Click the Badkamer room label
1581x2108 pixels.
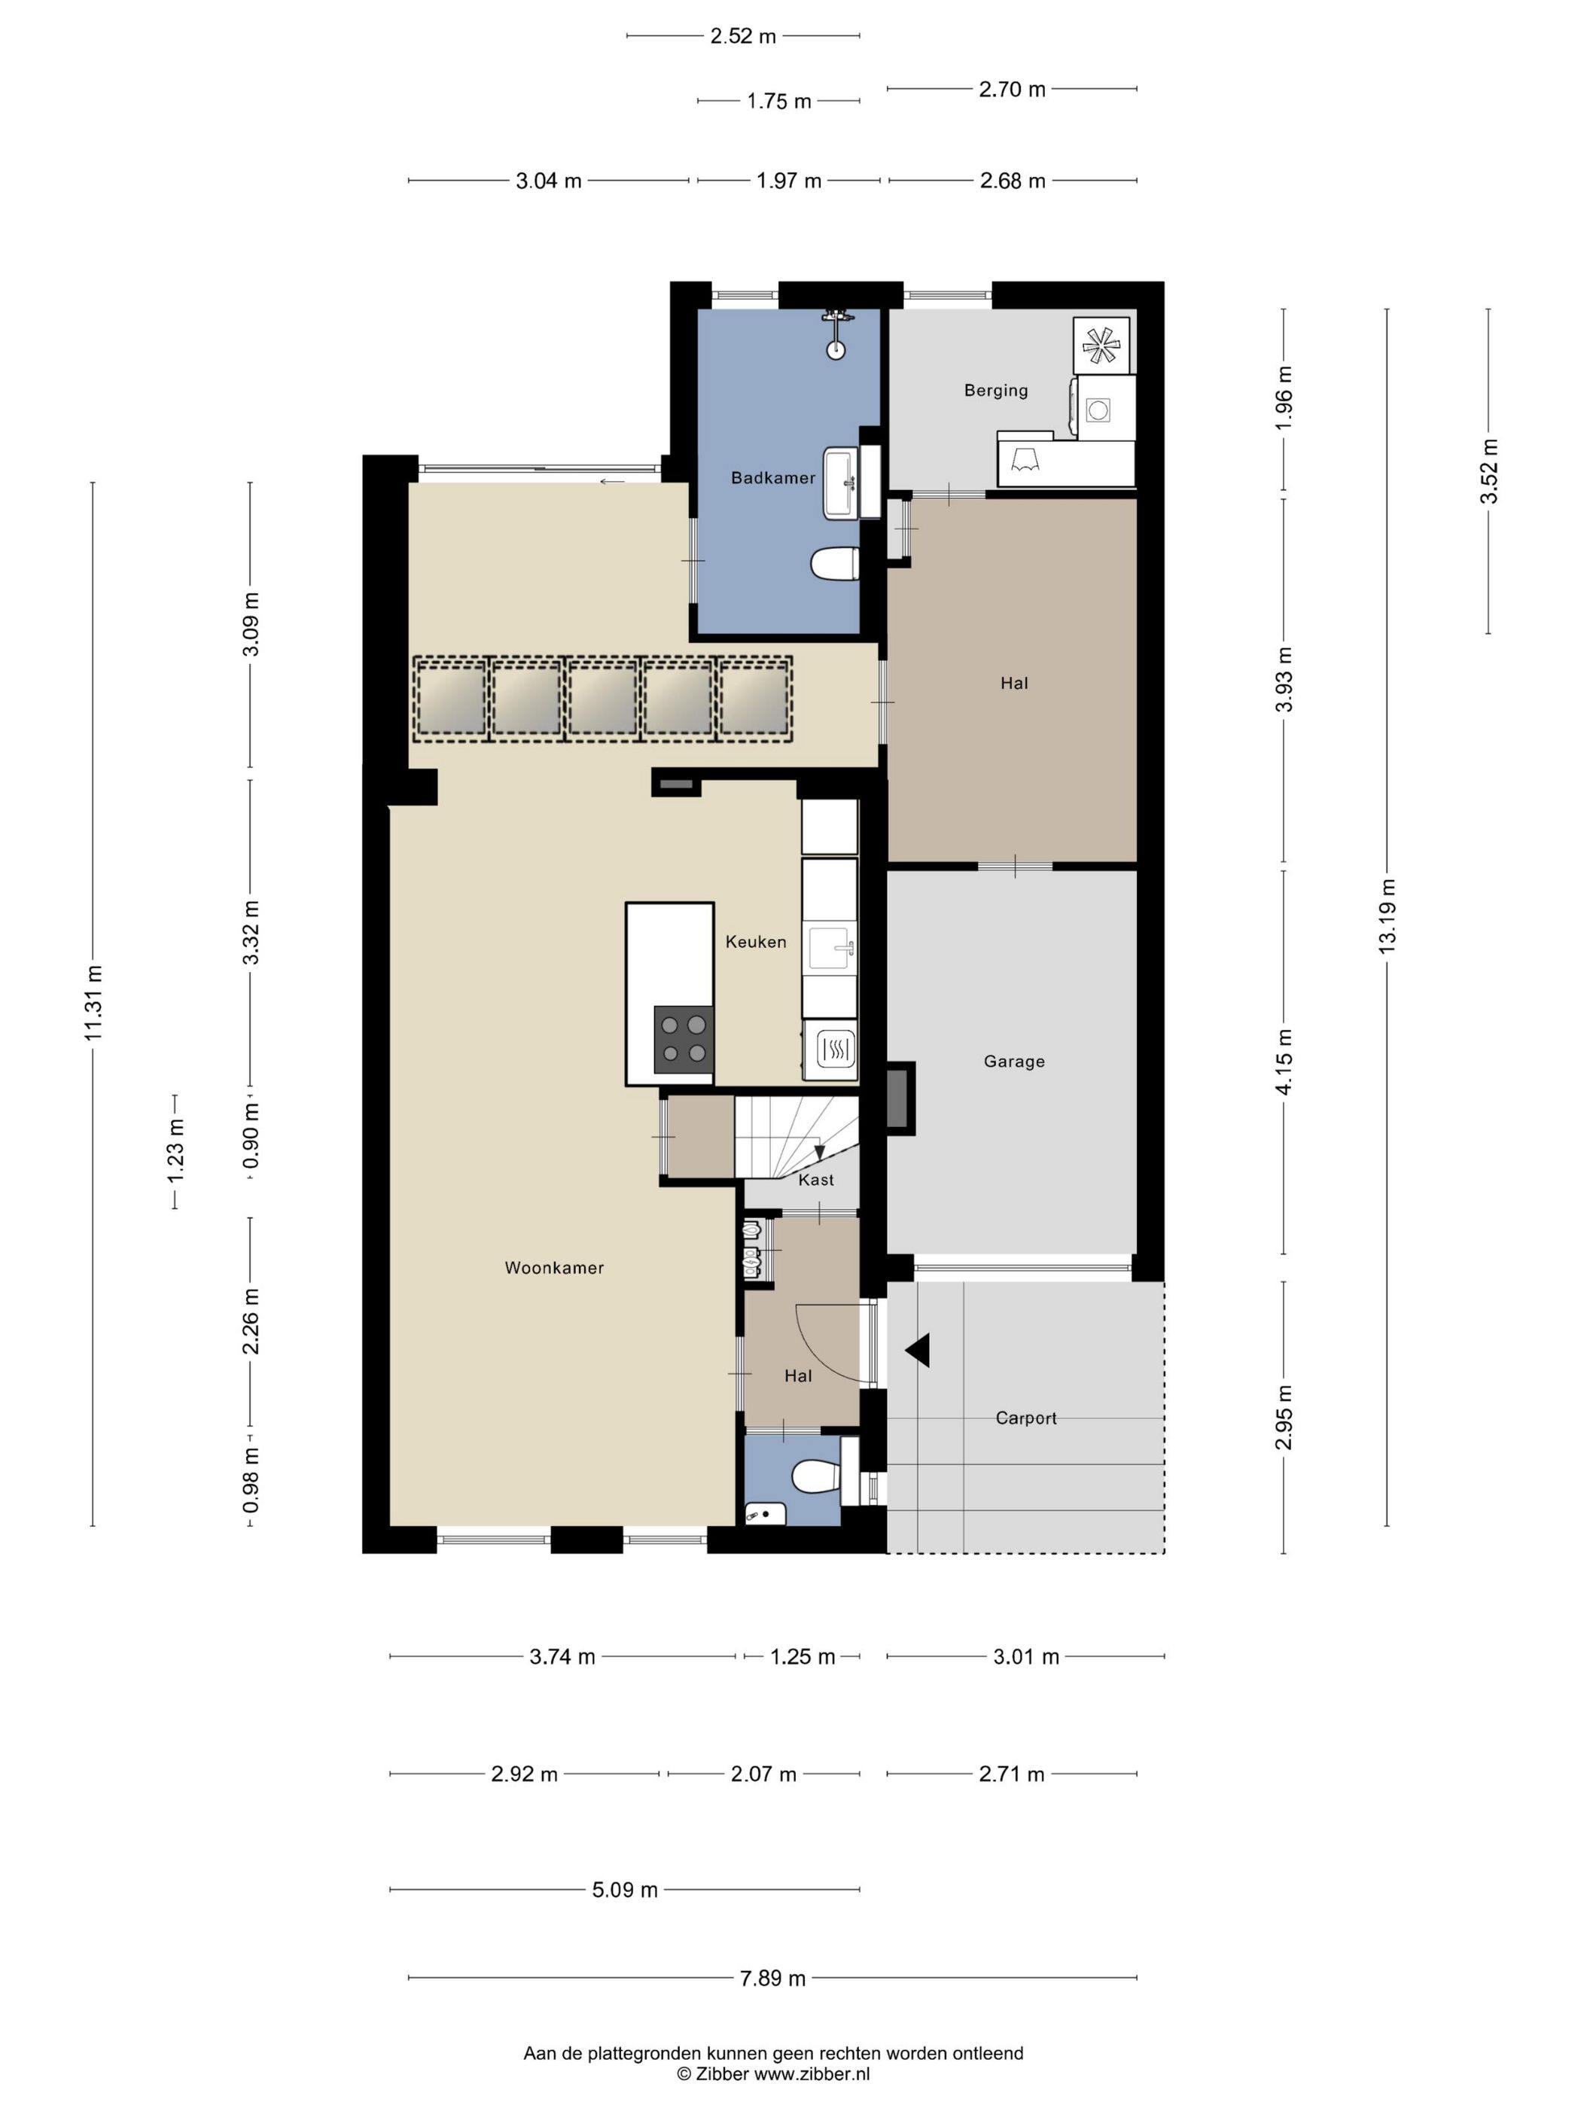click(x=773, y=477)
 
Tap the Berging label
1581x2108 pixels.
click(x=996, y=390)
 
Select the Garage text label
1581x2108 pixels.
click(x=1014, y=1061)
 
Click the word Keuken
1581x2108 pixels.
click(x=756, y=942)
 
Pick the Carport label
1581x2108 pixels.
click(x=1025, y=1418)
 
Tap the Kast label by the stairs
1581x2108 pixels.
click(x=816, y=1180)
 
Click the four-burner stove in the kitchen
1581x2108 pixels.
click(x=684, y=1039)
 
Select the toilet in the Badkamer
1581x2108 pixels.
click(x=835, y=563)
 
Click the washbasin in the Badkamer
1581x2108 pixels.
click(x=840, y=484)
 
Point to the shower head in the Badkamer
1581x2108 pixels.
click(x=836, y=334)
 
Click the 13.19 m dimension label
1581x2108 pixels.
click(x=1387, y=915)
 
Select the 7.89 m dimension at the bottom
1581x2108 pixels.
click(x=773, y=1979)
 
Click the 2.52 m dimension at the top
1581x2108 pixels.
click(x=743, y=36)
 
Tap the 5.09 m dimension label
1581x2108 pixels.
click(x=625, y=1890)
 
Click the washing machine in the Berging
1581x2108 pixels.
click(x=1104, y=408)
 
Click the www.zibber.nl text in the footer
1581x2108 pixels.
click(x=812, y=2073)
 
